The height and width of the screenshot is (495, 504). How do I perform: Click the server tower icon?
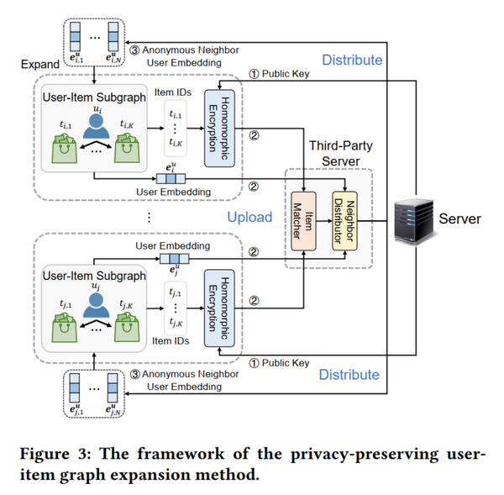tap(415, 219)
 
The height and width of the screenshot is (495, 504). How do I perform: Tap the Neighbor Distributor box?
tap(343, 218)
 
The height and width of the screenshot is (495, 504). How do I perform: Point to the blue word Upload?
tap(249, 217)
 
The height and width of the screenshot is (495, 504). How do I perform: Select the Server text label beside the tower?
tap(460, 219)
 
